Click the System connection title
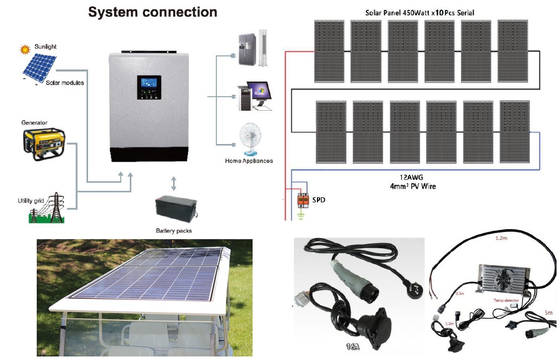(152, 12)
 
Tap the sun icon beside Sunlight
(24, 49)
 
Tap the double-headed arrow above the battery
(174, 183)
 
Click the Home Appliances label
(249, 161)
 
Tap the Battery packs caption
(174, 231)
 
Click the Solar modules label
(65, 83)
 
